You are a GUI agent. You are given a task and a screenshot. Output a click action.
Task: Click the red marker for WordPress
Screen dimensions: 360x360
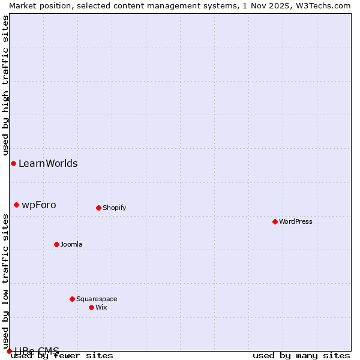pos(275,221)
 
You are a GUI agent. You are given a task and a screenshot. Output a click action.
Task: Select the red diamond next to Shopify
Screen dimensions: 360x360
pos(98,208)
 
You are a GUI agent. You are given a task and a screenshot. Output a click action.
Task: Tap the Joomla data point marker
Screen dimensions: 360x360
pos(56,244)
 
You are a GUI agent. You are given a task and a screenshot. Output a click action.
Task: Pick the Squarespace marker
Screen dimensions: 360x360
pos(72,299)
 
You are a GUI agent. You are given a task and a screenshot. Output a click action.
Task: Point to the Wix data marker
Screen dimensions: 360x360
pos(91,307)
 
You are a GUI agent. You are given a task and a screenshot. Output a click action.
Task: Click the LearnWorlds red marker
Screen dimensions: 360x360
pos(13,163)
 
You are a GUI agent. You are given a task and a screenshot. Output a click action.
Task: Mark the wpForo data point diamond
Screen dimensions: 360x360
pos(16,205)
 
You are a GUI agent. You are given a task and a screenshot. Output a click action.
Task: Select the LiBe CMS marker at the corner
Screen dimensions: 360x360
pos(9,351)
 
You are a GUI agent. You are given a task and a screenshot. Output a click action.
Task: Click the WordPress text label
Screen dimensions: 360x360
pos(296,221)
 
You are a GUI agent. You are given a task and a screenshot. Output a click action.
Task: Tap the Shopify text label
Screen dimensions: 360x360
pos(114,208)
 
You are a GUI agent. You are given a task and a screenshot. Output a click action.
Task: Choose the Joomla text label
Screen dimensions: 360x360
pos(71,244)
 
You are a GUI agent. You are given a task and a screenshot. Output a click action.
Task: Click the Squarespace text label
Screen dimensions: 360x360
pos(97,299)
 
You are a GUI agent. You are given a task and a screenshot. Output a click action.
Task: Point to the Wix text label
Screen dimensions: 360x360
pos(101,307)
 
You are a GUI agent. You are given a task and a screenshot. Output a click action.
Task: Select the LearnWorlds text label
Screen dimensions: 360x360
pos(48,163)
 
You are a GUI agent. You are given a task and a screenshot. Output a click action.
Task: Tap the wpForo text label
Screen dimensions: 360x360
pos(39,205)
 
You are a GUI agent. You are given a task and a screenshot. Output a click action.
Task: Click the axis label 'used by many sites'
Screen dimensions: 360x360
pos(301,356)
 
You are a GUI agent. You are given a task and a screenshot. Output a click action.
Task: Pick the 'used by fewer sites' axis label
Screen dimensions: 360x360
pos(62,356)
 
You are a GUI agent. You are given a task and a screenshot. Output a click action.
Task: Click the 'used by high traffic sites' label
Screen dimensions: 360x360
pos(5,86)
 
